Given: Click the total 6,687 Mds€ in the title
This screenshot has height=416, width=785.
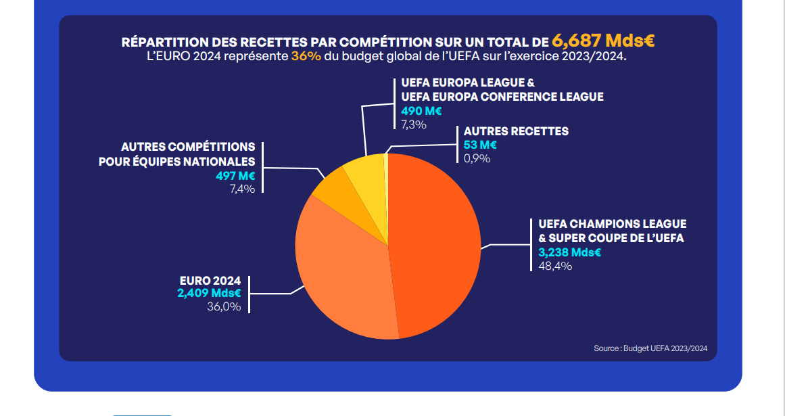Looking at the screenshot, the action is coord(603,41).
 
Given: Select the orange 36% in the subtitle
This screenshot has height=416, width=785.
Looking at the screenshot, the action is coord(306,55).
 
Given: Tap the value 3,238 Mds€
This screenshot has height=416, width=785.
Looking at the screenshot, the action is coord(569,252).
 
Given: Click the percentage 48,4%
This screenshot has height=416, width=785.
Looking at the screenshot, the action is coord(554,266).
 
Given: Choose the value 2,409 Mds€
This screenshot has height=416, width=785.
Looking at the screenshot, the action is coord(210,293).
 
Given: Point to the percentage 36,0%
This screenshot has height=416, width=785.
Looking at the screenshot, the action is coord(224,306).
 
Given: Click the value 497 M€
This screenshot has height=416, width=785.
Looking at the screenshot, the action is coord(235,176).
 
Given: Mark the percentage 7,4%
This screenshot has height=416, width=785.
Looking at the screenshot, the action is coord(242,189).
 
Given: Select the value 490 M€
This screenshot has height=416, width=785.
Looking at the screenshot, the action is coord(421,111).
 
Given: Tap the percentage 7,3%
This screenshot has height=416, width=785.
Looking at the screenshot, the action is coord(414,124).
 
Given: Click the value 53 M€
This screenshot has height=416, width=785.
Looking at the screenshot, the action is coord(480,145).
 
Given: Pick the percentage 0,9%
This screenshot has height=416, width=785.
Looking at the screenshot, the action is coord(477,158).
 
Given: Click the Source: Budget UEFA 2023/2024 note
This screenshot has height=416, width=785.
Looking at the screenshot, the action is coord(650,348).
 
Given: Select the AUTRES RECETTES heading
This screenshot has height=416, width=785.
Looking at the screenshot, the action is coord(516,131).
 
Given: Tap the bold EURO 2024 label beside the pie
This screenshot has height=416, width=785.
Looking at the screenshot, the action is coord(210,281).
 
